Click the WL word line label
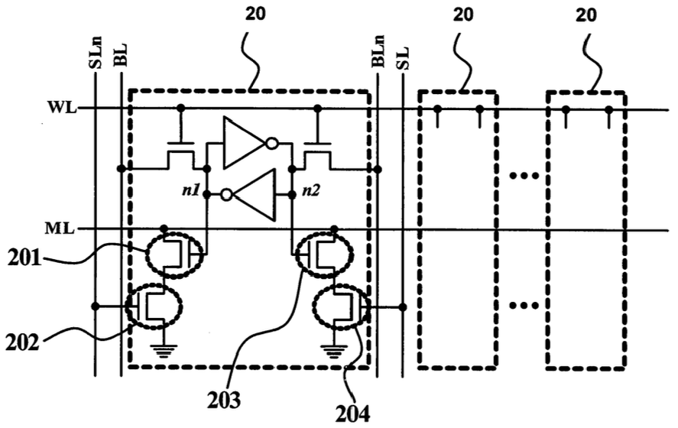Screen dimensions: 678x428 [x=61, y=108]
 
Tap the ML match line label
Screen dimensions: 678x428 [x=60, y=229]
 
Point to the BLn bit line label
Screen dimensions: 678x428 [x=379, y=51]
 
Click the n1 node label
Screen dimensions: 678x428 [x=190, y=190]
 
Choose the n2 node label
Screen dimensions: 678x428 [x=310, y=190]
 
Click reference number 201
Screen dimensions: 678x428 [x=24, y=258]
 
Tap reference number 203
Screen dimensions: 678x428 [x=223, y=400]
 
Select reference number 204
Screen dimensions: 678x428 [x=353, y=413]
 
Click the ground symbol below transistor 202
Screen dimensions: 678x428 [x=163, y=351]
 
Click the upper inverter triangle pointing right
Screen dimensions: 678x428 [x=244, y=143]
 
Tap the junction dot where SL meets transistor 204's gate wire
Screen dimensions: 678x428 [x=403, y=307]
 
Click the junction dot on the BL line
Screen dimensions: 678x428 [x=122, y=169]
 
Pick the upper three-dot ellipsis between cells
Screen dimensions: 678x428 [x=524, y=176]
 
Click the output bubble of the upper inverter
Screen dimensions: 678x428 [x=271, y=143]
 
